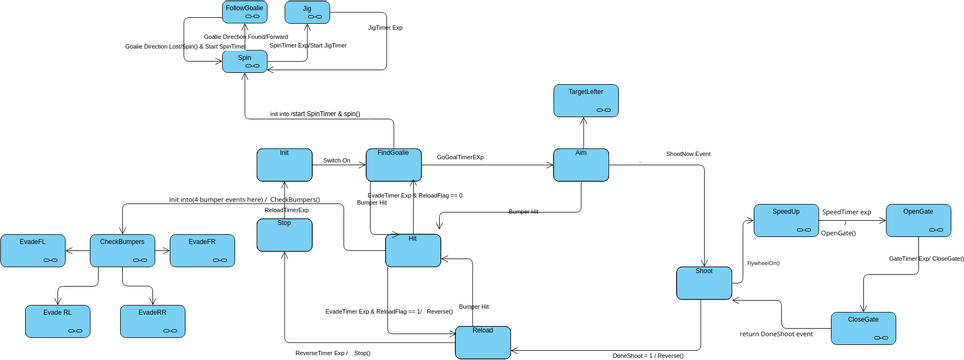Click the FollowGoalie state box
(x=245, y=12)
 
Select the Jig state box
(x=307, y=12)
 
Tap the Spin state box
(x=245, y=62)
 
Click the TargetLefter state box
(x=586, y=100)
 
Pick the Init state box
(x=285, y=164)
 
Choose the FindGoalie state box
(x=393, y=164)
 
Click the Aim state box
(x=581, y=164)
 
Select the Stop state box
(x=285, y=234)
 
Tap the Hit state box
(x=413, y=250)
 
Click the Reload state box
(x=483, y=342)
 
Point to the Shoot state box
(x=704, y=282)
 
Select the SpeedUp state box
(x=786, y=220)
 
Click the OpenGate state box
(x=918, y=220)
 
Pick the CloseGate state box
(x=863, y=328)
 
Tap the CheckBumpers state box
(x=123, y=250)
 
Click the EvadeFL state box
(x=32, y=250)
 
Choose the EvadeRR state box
(x=152, y=320)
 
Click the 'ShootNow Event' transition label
(x=688, y=154)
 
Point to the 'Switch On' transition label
(x=337, y=160)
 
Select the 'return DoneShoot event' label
(x=776, y=334)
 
